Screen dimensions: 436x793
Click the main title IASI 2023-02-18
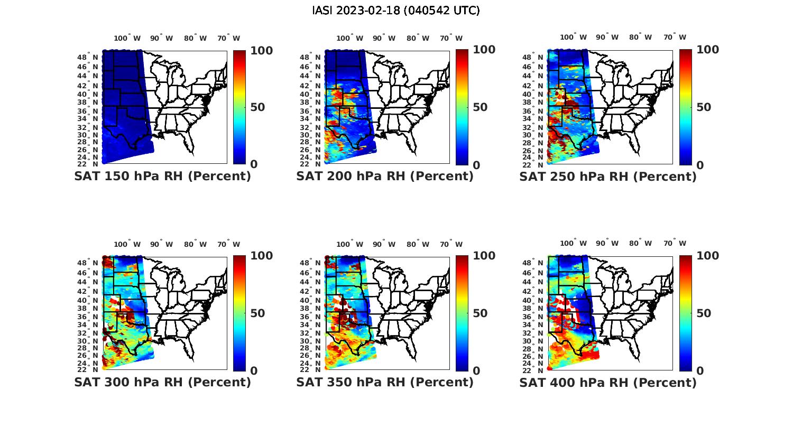(396, 11)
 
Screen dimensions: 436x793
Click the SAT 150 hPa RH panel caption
(162, 177)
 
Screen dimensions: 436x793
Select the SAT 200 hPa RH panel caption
(385, 177)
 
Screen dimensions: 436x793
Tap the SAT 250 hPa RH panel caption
(608, 177)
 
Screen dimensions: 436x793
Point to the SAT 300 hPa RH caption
(162, 382)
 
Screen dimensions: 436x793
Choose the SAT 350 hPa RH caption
(385, 382)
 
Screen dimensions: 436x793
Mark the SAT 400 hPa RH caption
(608, 382)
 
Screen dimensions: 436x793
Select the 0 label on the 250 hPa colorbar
(700, 165)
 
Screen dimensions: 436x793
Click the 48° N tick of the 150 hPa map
(88, 57)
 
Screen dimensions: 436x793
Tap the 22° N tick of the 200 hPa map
(310, 164)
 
